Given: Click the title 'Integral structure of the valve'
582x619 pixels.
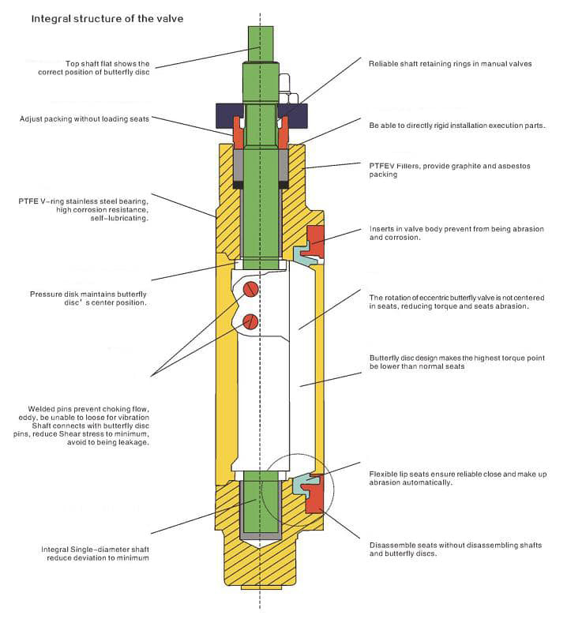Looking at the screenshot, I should click(x=107, y=17).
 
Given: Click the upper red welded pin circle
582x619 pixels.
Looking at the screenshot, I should click(x=250, y=289).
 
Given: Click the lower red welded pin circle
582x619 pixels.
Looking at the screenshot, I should click(x=250, y=321).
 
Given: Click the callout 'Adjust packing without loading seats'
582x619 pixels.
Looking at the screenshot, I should click(x=85, y=119).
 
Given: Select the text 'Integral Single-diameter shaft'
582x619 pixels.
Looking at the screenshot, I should click(x=95, y=548).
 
